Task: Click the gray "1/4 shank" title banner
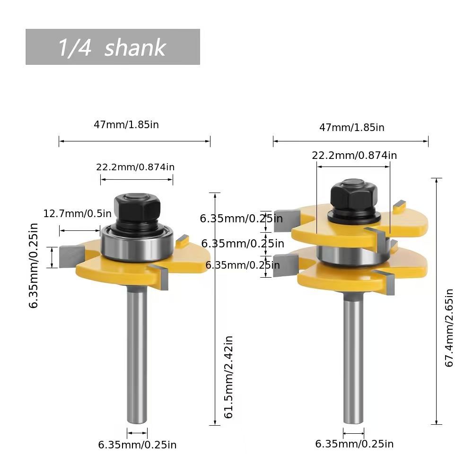click(113, 47)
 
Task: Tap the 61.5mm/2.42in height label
click(228, 377)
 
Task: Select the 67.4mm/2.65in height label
click(449, 328)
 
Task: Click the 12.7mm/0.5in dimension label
click(78, 214)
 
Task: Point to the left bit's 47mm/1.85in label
click(126, 124)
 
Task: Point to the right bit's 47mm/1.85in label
click(352, 127)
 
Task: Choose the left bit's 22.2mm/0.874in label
click(135, 167)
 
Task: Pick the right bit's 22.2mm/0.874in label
click(354, 155)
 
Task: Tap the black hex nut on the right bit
click(354, 194)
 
